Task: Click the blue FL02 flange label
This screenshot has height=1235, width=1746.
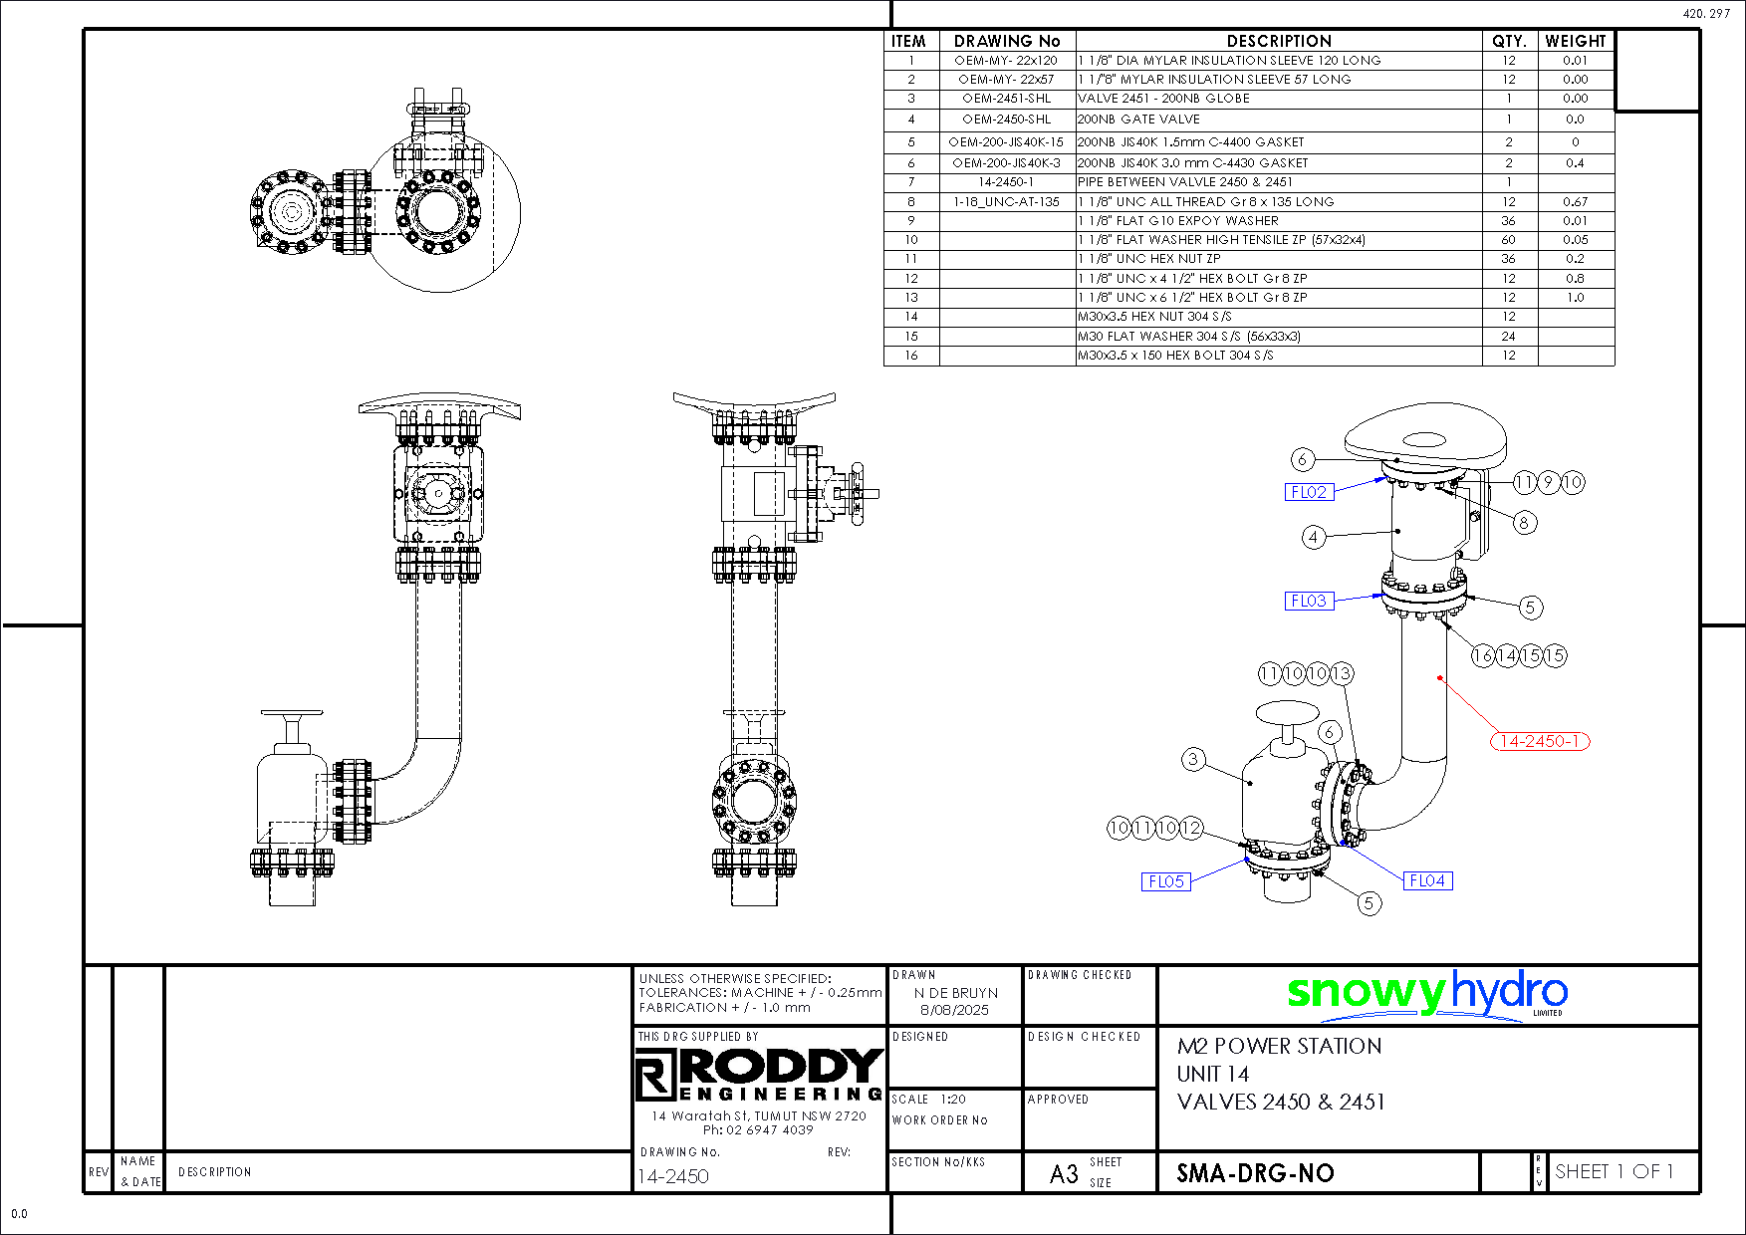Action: pos(1309,492)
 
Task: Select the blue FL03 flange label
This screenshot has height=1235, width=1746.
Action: pos(1309,601)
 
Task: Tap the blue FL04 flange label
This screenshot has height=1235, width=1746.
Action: pos(1426,880)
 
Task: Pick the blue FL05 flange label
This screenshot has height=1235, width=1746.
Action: pos(1165,881)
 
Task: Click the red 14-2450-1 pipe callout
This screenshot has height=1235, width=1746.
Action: pos(1539,741)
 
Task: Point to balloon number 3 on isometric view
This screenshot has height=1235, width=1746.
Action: pos(1193,760)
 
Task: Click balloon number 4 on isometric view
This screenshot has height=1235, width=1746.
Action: pos(1314,538)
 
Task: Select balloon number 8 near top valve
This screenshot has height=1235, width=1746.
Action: pos(1523,522)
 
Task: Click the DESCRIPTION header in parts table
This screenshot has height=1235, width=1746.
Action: pos(1279,41)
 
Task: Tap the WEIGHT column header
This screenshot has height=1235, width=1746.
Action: pos(1575,41)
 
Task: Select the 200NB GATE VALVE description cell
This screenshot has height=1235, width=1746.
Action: pos(1138,120)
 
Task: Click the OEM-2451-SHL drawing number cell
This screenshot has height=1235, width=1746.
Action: pos(1006,99)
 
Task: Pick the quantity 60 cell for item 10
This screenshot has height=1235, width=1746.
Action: pos(1508,240)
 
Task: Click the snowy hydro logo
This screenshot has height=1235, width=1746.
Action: pos(1426,994)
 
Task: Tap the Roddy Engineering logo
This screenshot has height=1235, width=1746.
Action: pos(759,1074)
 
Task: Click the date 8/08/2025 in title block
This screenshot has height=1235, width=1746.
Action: pos(954,1010)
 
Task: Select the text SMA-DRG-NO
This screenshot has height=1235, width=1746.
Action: pos(1255,1173)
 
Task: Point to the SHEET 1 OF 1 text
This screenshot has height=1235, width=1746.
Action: pos(1614,1172)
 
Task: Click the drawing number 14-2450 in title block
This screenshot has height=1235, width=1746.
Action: pos(673,1176)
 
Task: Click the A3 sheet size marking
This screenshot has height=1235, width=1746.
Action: pos(1064,1174)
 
